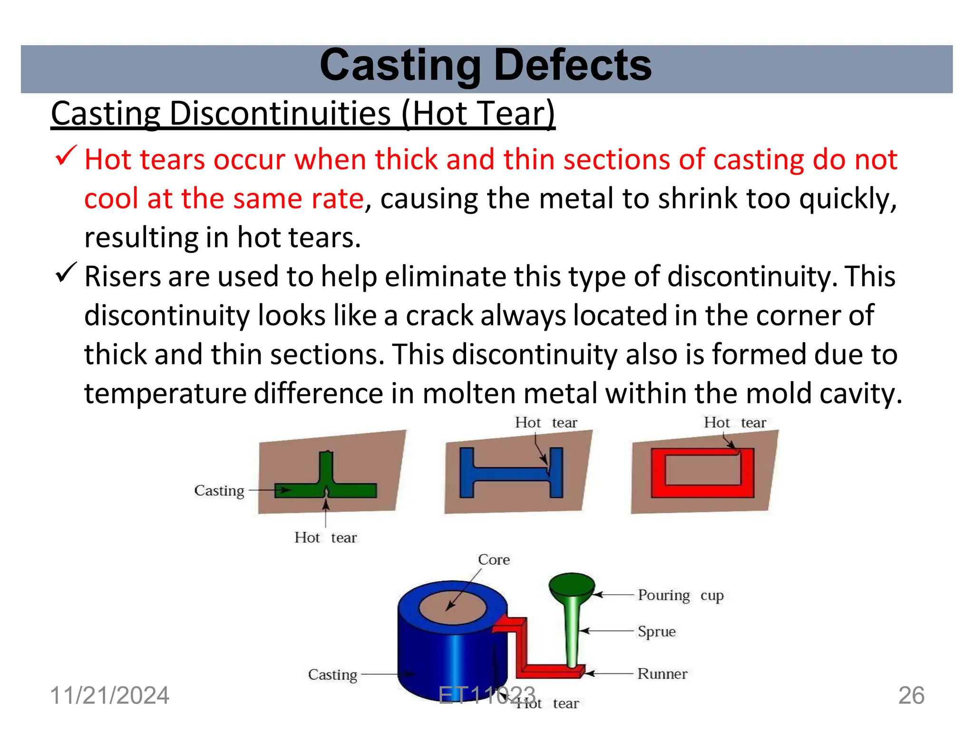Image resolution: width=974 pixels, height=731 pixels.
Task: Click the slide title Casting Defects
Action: (x=486, y=66)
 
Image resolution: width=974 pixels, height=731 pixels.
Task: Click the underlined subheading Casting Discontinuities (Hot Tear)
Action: (x=303, y=114)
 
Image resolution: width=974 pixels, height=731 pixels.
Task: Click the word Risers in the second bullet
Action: (x=122, y=277)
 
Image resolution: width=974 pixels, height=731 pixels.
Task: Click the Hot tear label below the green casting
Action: (x=325, y=538)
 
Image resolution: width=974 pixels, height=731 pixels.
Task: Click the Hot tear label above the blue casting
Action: (x=546, y=423)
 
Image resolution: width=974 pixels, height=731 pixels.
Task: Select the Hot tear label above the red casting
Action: (x=735, y=423)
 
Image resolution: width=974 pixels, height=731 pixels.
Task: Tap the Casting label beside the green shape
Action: (x=219, y=491)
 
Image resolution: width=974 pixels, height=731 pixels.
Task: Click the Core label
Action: (x=494, y=560)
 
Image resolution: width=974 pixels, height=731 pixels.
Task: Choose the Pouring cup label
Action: (x=681, y=595)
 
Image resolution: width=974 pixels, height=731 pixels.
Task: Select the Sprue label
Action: (x=656, y=632)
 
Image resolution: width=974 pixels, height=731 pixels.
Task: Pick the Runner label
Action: (x=662, y=674)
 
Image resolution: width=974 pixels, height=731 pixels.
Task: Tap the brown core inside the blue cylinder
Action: (x=452, y=609)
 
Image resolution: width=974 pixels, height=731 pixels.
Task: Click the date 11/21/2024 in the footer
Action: (x=110, y=696)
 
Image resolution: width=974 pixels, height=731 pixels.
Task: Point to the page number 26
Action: (x=911, y=696)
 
